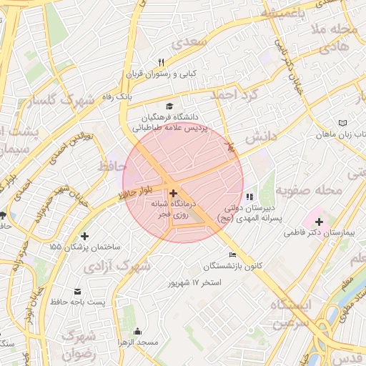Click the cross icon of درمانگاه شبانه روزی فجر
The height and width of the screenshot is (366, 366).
click(173, 193)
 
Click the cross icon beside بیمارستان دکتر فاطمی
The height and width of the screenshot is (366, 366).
click(319, 222)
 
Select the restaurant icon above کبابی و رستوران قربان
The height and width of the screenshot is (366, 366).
click(161, 62)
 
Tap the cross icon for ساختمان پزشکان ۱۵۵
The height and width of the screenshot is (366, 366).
click(85, 236)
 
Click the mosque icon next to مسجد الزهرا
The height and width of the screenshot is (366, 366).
click(137, 332)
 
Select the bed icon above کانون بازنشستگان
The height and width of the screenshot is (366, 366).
click(232, 255)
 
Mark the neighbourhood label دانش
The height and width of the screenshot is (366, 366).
click(260, 135)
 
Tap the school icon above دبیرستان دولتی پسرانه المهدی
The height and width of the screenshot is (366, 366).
click(249, 197)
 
